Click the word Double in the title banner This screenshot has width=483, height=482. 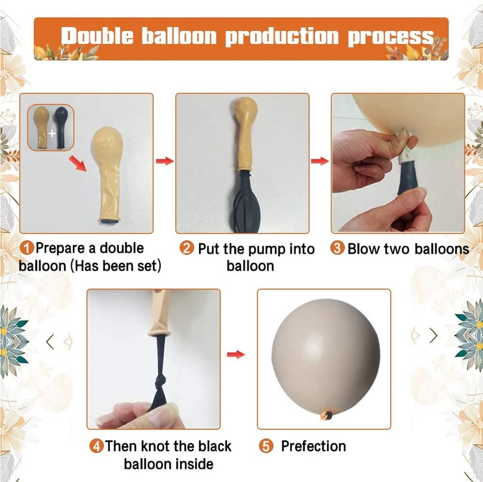97,37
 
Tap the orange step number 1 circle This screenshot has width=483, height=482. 27,248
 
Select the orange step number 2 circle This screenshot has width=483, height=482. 186,249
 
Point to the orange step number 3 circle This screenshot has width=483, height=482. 337,249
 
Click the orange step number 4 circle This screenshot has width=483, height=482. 97,446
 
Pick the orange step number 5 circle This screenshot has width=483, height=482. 266,446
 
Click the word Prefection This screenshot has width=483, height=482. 313,446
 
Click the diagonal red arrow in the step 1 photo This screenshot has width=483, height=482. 78,163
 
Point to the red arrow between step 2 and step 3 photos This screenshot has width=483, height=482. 320,161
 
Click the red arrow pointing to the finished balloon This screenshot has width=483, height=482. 236,354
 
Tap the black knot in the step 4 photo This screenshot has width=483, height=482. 161,382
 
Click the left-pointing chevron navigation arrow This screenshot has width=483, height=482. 50,342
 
